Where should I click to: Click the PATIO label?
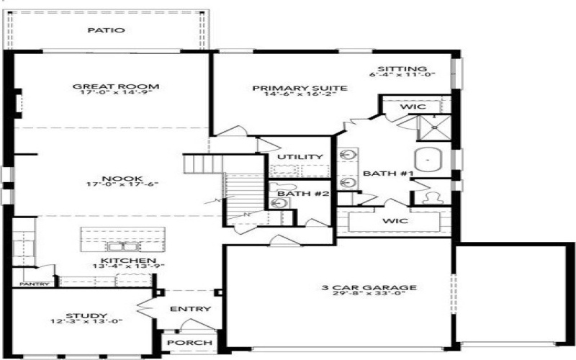[106, 30]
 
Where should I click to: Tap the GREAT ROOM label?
[115, 87]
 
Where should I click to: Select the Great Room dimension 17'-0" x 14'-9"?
[115, 95]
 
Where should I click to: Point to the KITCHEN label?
[119, 260]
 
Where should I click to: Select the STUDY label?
[86, 315]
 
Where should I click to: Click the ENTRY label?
[190, 309]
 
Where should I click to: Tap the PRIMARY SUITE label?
[300, 88]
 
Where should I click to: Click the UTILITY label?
[300, 157]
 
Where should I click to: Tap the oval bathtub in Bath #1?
[430, 158]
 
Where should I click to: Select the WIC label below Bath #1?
[395, 220]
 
